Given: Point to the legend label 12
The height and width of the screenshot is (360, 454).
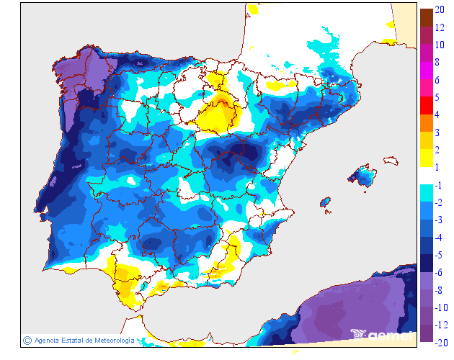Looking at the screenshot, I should [439, 29].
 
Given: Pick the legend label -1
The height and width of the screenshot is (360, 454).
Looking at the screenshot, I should [439, 185].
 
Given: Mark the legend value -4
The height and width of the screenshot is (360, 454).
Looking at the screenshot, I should [439, 237].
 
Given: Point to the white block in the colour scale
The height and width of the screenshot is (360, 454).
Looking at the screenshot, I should [426, 175].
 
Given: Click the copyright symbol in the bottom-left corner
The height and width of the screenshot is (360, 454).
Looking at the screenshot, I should [27, 340].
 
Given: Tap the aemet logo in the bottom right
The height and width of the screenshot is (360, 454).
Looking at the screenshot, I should [382, 334].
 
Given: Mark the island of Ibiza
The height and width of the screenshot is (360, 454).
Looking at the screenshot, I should [325, 202].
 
